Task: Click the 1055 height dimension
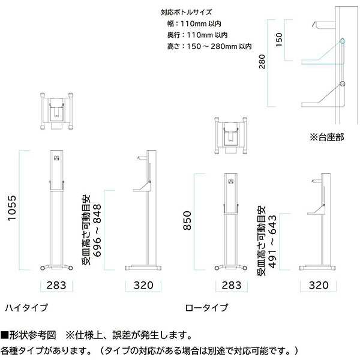12,208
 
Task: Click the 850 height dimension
187,220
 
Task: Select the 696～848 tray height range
97,230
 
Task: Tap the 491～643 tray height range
272,241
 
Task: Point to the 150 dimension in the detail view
279,40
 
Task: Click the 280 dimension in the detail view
262,62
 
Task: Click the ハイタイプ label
26,308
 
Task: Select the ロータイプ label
206,308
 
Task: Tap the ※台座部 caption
327,137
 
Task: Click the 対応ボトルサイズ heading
186,12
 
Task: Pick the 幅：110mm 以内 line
194,23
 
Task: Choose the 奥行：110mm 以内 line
197,35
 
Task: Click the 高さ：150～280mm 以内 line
209,46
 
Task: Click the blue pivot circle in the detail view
343,41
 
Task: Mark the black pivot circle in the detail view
343,83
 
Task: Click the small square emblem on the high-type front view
56,158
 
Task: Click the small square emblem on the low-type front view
231,181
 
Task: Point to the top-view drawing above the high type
56,111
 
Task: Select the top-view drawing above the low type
231,136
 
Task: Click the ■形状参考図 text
28,335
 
